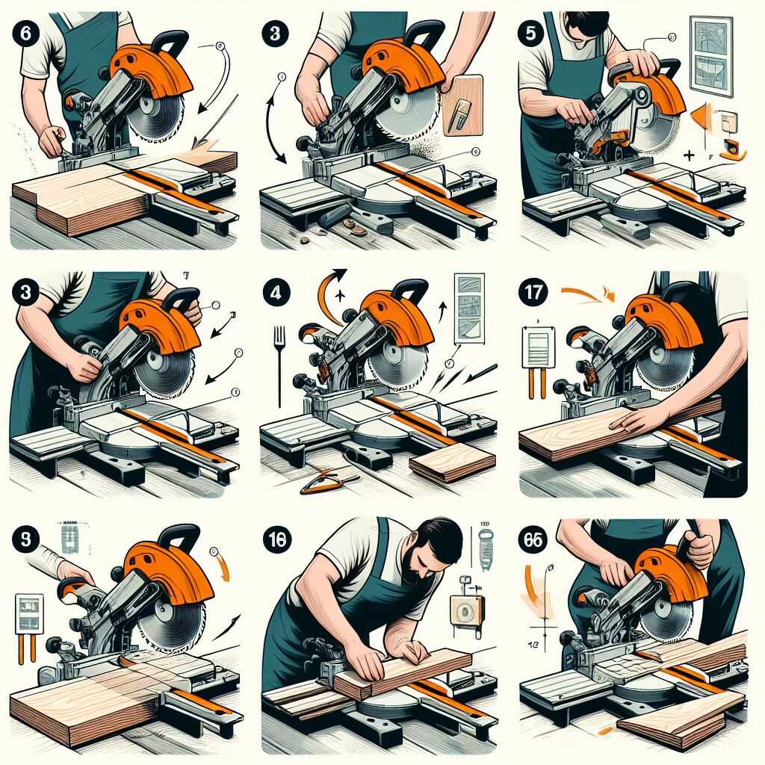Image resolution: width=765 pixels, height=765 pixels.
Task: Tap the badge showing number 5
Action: coord(529,34)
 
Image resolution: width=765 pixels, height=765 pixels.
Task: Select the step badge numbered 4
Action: coord(274,292)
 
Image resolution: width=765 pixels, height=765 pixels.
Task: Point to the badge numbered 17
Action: coord(532,293)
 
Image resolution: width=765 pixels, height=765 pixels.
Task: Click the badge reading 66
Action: coord(533,540)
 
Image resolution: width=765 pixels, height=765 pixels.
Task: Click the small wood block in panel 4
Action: coord(451,464)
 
